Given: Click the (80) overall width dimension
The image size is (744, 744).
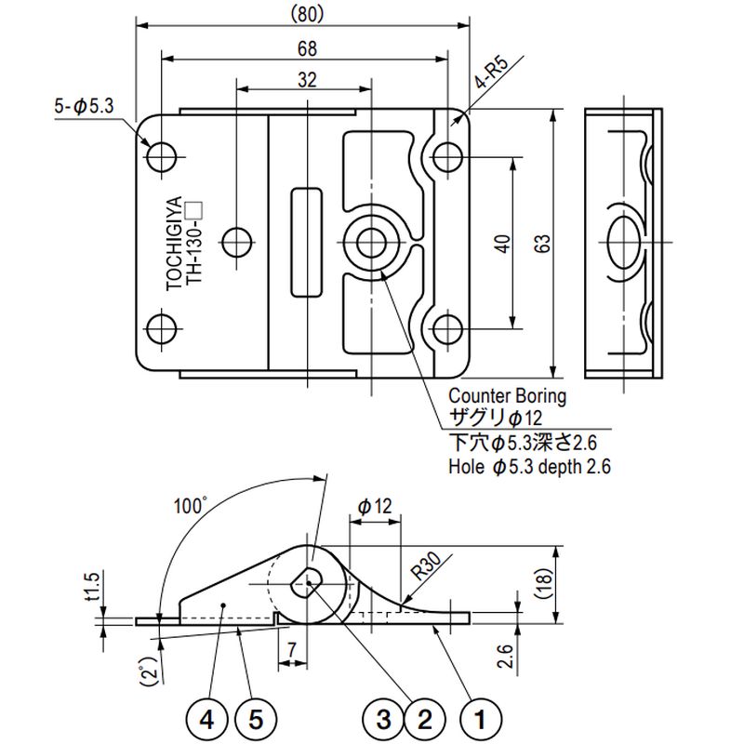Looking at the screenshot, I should [x=305, y=14].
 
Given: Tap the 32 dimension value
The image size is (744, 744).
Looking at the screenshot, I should [x=305, y=80].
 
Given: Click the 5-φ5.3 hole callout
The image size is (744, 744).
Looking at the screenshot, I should [x=83, y=108].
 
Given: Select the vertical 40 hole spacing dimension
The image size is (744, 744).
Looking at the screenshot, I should [x=502, y=244].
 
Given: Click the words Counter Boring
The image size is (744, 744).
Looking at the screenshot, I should [x=507, y=395].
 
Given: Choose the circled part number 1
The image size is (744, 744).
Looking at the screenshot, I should [x=481, y=719].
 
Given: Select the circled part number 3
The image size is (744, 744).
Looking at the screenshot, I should [x=382, y=719].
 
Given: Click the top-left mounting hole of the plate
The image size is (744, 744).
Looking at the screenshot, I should [x=163, y=155].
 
